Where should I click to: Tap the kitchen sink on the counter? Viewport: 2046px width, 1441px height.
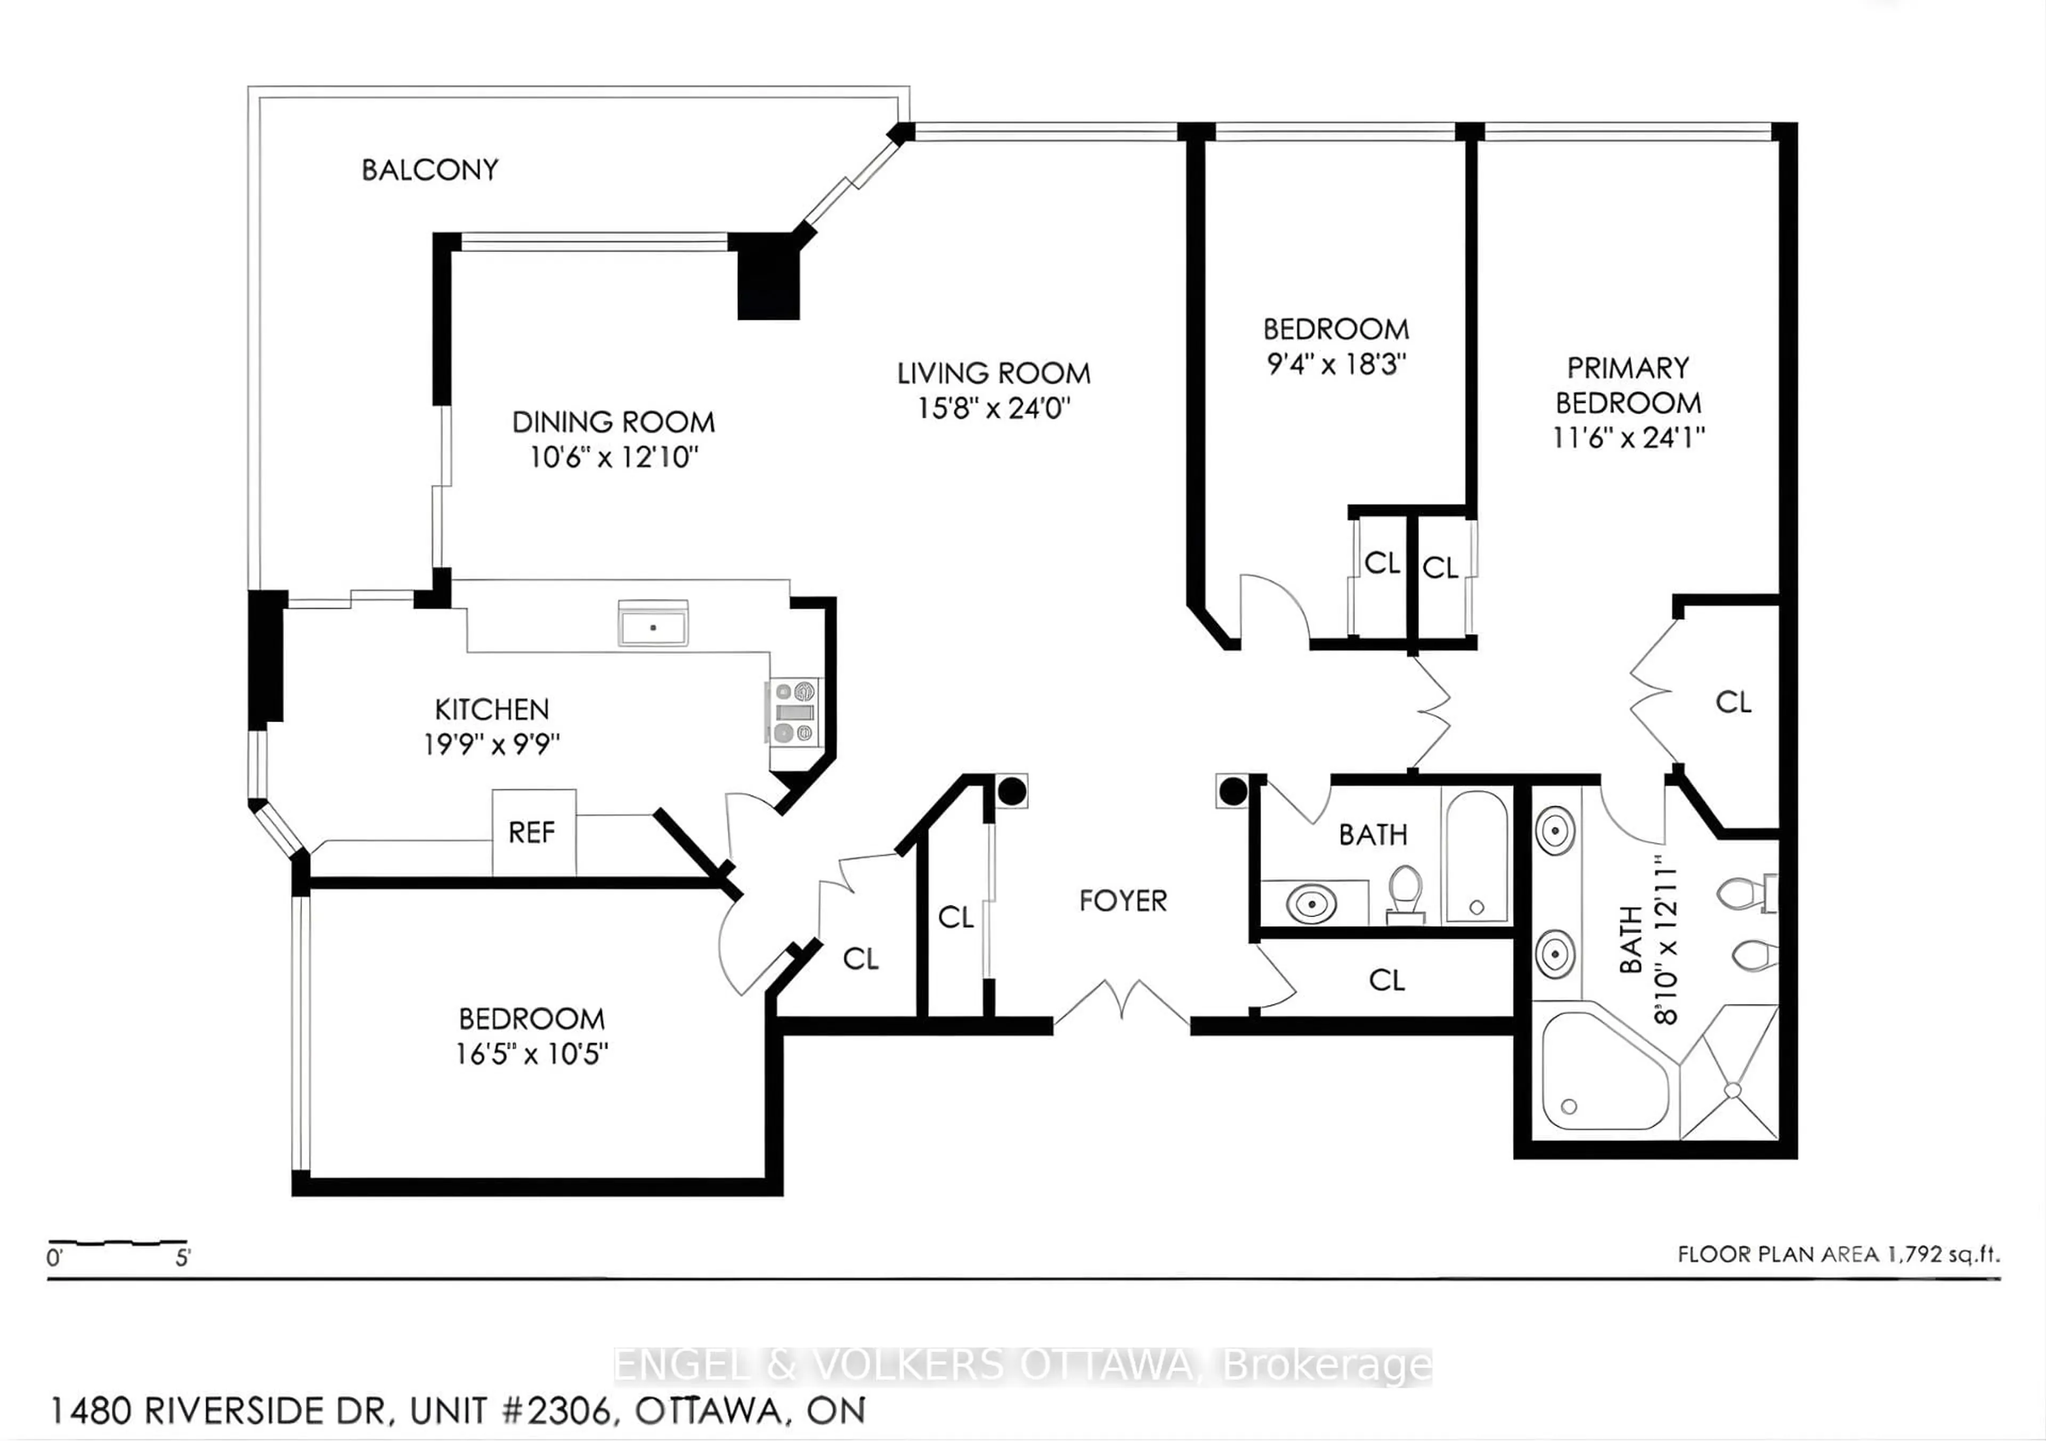tap(653, 627)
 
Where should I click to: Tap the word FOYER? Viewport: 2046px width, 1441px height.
tap(1122, 901)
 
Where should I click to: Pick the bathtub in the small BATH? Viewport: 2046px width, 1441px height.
tap(1476, 855)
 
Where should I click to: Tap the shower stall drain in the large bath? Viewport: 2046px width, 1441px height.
tap(1732, 1089)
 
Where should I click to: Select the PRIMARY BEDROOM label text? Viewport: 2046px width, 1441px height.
tap(1628, 385)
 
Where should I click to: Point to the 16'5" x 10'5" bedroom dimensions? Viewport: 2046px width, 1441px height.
tap(531, 1054)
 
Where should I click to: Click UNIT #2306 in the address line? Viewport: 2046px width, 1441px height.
tap(510, 1411)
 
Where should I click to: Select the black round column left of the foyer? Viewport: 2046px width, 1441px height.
tap(1011, 790)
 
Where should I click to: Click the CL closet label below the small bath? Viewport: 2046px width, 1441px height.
tap(1386, 980)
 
